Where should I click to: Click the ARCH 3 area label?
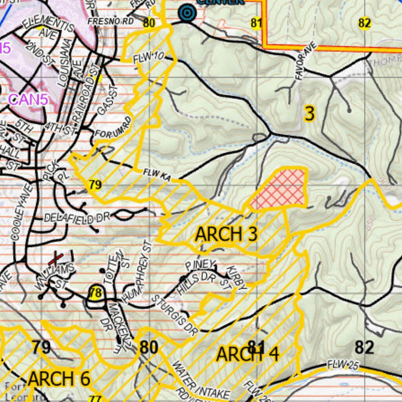[227, 234]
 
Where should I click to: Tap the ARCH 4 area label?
[248, 354]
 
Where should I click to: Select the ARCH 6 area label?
[59, 379]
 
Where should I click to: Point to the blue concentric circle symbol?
[187, 13]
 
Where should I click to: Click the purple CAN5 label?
[28, 99]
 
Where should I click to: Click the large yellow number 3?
[310, 114]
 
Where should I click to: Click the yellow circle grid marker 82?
[364, 23]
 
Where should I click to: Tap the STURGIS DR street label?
[174, 314]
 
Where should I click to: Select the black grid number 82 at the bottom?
[364, 347]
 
